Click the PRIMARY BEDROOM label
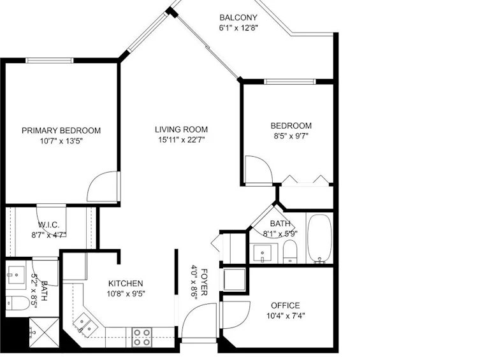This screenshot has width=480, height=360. [x=61, y=131]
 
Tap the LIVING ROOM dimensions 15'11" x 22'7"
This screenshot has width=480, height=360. [x=181, y=140]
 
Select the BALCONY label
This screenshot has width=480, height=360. [x=238, y=17]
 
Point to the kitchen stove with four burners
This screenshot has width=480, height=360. [x=142, y=337]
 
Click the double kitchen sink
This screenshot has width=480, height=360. [x=85, y=325]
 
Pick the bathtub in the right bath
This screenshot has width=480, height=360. [x=319, y=238]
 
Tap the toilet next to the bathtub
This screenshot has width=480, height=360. [x=289, y=252]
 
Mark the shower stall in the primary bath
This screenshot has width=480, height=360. [x=45, y=333]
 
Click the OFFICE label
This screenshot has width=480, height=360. [x=286, y=306]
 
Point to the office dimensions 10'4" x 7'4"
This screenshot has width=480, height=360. [x=286, y=315]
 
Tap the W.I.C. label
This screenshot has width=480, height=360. [x=49, y=225]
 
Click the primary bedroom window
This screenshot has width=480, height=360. [x=50, y=61]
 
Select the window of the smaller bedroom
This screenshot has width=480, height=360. [x=290, y=82]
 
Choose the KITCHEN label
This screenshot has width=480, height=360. [x=126, y=284]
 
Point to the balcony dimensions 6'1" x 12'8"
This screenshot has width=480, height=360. [x=238, y=28]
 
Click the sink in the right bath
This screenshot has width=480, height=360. [x=263, y=253]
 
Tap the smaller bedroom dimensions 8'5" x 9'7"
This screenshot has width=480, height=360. [x=291, y=136]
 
